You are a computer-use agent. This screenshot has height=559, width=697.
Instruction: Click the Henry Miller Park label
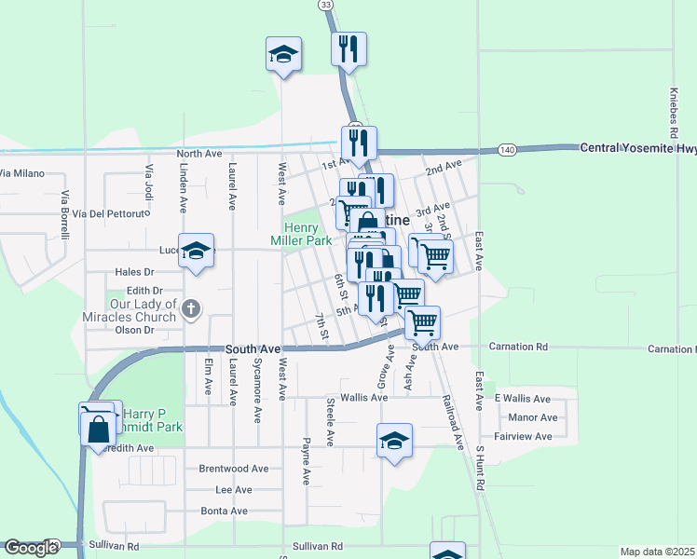301,234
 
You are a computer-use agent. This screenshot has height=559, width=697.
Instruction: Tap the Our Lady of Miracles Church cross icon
191,308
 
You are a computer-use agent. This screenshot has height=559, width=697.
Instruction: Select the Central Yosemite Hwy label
637,148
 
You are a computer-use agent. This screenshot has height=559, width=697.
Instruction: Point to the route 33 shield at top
324,6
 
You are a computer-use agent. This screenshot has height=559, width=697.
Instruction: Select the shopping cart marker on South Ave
422,322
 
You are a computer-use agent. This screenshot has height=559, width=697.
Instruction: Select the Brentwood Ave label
234,469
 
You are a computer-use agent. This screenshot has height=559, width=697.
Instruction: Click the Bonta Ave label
225,511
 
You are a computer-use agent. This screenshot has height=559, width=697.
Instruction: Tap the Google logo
31,548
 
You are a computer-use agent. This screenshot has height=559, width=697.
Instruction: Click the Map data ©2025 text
658,552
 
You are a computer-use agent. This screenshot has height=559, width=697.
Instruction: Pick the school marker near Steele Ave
394,440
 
